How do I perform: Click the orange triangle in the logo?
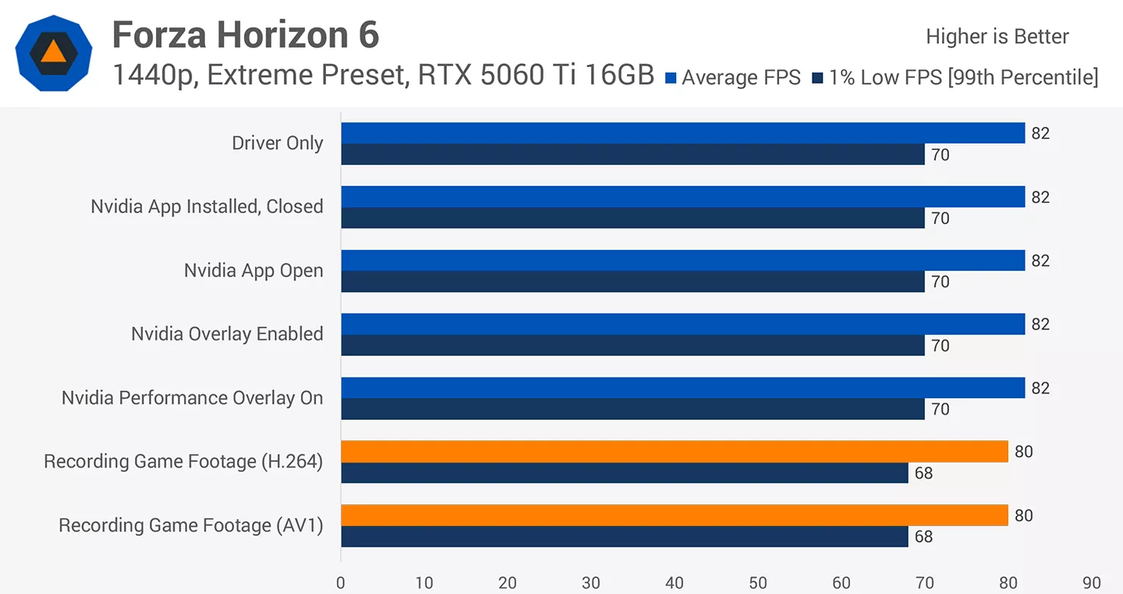[54, 52]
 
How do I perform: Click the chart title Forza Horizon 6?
[246, 34]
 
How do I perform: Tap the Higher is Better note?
[997, 37]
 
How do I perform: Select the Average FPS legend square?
[671, 78]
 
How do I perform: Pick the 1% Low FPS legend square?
[817, 78]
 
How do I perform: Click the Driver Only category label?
[278, 144]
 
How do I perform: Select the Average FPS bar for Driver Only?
[683, 133]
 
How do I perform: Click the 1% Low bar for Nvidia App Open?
[632, 282]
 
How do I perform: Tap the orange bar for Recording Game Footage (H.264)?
[675, 451]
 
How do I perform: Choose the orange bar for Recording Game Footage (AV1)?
[675, 515]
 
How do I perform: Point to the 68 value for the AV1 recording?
[923, 537]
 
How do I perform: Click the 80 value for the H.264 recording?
[1024, 451]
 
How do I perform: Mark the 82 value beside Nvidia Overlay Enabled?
[1040, 324]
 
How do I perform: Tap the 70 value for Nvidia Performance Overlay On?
[941, 409]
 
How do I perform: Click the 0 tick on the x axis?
[341, 583]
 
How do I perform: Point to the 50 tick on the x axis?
[758, 583]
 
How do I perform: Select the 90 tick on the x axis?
[1092, 583]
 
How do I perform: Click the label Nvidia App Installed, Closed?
[207, 207]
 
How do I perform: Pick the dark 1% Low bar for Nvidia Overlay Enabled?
[632, 346]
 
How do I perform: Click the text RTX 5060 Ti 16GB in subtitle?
[536, 75]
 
